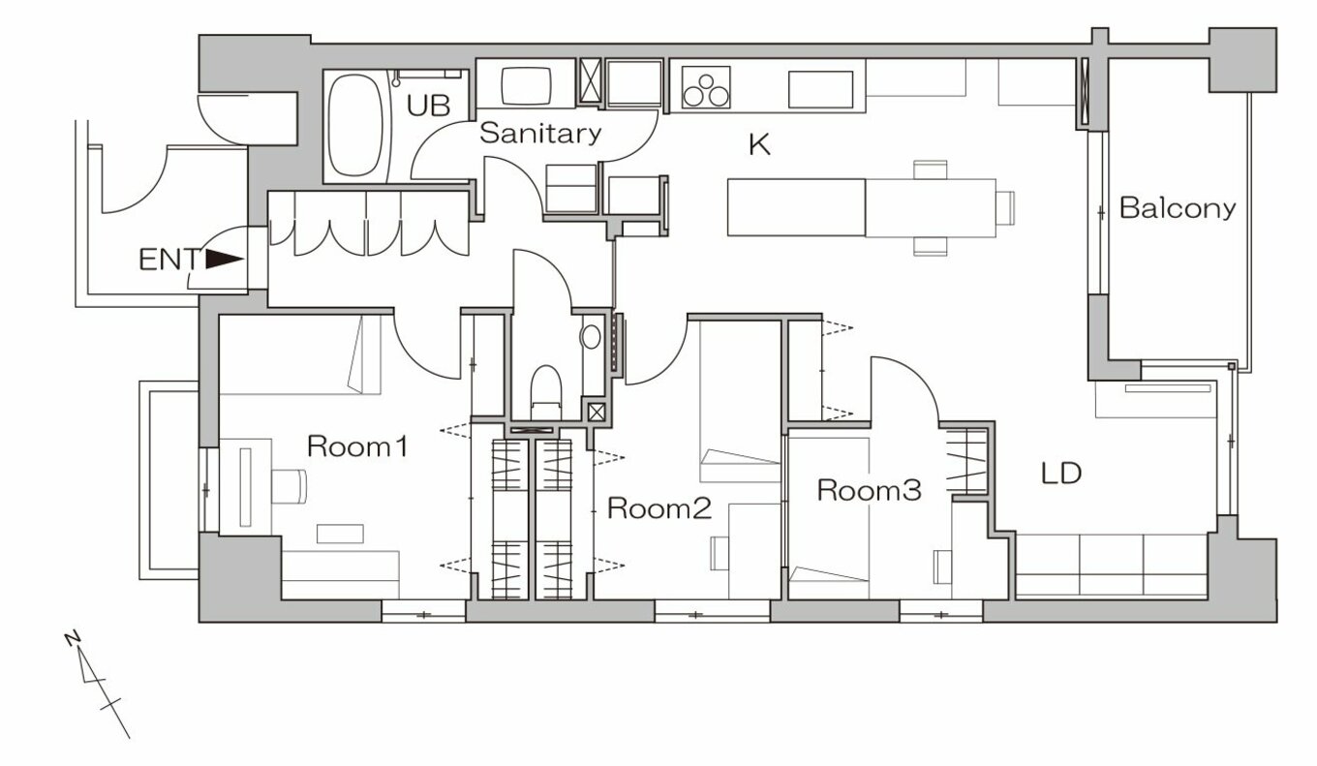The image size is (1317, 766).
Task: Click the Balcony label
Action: click(x=1178, y=208)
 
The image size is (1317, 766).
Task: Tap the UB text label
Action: click(x=429, y=107)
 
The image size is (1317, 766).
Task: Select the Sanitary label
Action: click(x=540, y=134)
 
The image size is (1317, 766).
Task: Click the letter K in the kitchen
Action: click(x=759, y=144)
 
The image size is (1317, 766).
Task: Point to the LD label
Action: click(x=1061, y=474)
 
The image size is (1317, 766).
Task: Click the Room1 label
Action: click(x=357, y=446)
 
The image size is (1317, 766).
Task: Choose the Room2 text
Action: click(x=659, y=508)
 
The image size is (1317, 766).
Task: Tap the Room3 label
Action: click(x=869, y=490)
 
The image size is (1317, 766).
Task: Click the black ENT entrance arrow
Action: click(x=225, y=260)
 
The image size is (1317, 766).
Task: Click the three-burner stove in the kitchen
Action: click(x=706, y=87)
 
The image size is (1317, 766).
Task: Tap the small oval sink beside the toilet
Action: click(x=591, y=337)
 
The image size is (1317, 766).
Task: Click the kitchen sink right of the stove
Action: click(x=821, y=89)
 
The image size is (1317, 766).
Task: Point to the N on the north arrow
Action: click(x=73, y=638)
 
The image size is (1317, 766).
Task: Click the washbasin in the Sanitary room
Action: click(x=526, y=86)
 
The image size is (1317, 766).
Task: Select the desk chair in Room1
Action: click(x=290, y=485)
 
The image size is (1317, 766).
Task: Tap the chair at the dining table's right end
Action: click(x=1006, y=207)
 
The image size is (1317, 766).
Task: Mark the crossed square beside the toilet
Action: click(x=597, y=412)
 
